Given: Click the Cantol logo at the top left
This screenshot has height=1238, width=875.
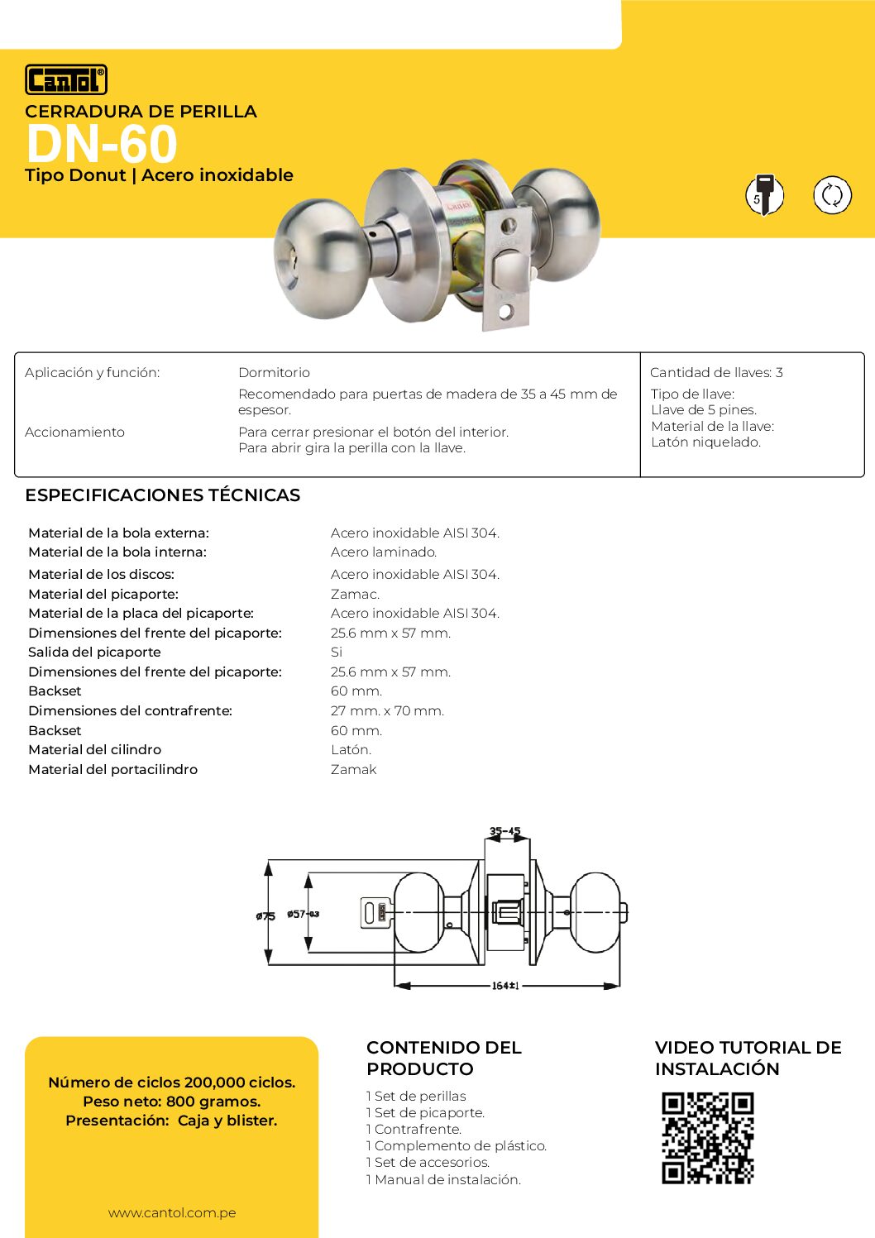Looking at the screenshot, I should (x=66, y=80).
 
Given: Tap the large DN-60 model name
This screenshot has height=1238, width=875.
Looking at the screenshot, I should (x=102, y=144).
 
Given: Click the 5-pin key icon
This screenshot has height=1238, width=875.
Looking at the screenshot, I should (x=764, y=195).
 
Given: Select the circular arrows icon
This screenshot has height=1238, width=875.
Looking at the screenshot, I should (x=832, y=195).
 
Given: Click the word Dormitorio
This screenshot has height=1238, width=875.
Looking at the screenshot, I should (x=274, y=373).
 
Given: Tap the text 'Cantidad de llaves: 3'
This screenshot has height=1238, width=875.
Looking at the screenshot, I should (x=716, y=373).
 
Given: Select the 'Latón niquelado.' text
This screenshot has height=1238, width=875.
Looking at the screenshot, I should (x=705, y=442).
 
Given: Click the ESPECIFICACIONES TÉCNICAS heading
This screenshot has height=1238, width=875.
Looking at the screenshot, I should (x=162, y=495).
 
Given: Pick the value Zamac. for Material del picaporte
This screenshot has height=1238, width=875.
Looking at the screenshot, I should (x=355, y=595).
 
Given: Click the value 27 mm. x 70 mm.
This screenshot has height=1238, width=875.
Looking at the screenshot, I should (x=387, y=711).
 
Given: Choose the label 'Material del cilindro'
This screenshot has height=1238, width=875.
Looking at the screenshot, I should (x=94, y=750).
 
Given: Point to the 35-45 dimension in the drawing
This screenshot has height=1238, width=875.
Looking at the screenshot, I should (x=505, y=831).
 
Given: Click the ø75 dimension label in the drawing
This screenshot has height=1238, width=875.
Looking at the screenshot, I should (x=265, y=916).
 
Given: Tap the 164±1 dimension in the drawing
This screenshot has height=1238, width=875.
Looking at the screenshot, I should (x=505, y=986).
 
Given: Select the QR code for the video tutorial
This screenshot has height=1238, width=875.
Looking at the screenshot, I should (x=708, y=1138).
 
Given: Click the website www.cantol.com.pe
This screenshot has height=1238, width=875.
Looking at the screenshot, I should (x=172, y=1213).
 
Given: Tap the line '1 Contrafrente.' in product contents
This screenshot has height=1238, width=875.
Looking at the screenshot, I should (x=414, y=1130).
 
